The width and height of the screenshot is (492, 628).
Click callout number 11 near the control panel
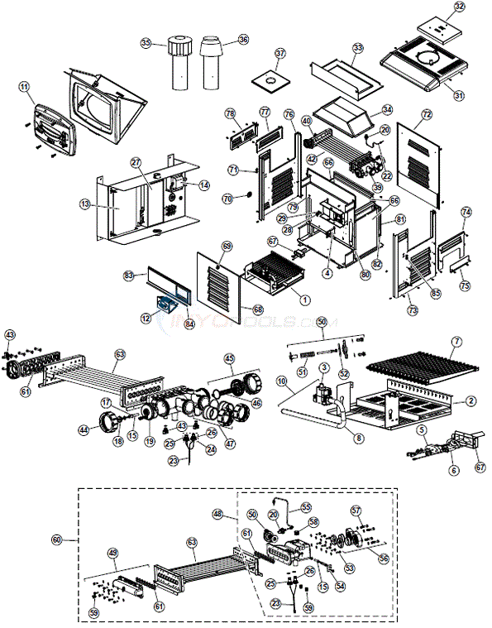[x=24, y=86]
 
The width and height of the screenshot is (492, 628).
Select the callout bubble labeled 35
[x=146, y=42]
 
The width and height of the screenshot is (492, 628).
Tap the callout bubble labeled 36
[x=242, y=40]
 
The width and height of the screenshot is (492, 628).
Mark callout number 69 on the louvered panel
[x=227, y=247]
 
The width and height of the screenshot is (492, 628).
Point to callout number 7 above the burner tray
[x=456, y=342]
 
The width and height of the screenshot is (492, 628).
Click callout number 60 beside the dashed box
[x=57, y=539]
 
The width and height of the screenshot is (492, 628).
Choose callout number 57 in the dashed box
[x=356, y=510]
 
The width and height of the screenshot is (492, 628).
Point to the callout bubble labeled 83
[x=129, y=275]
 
